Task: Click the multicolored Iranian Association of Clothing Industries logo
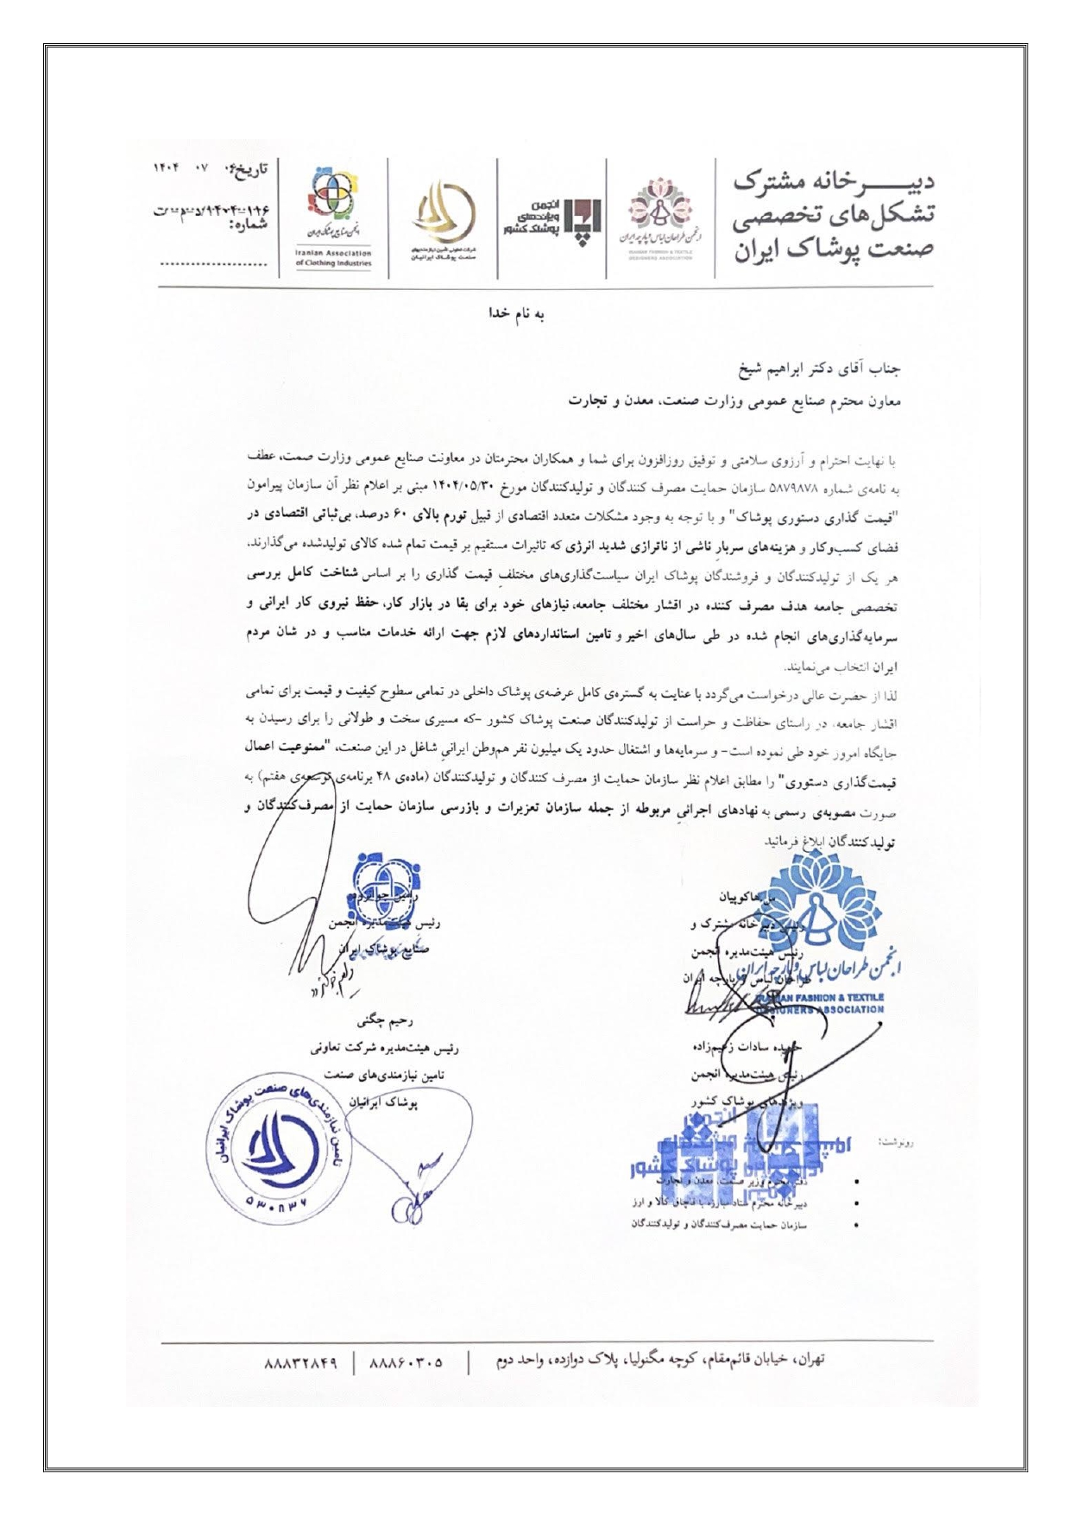point(332,201)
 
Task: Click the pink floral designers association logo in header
point(659,211)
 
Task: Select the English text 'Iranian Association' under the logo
point(333,253)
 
